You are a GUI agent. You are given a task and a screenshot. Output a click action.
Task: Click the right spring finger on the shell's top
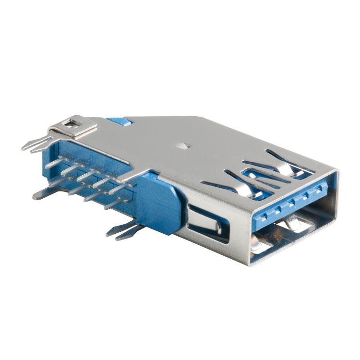tap(283, 163)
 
